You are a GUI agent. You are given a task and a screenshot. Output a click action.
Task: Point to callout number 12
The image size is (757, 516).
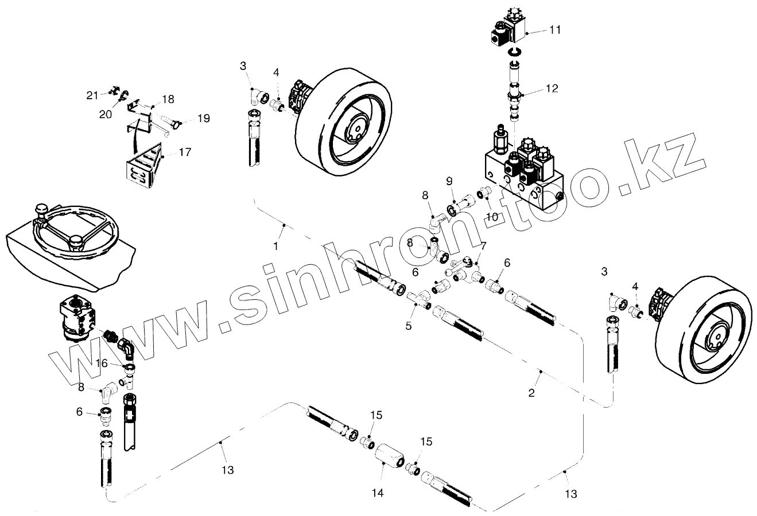[551, 88]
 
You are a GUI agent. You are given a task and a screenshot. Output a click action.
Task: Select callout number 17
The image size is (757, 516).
[185, 153]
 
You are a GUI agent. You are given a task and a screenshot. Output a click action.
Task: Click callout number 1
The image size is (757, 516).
[276, 246]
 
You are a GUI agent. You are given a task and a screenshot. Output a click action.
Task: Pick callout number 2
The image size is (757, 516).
[531, 393]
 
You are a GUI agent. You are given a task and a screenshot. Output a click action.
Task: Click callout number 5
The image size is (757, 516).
[408, 325]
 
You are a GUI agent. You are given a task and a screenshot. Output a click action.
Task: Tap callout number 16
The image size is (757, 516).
[101, 363]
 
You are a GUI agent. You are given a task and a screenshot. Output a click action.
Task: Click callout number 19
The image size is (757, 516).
[204, 119]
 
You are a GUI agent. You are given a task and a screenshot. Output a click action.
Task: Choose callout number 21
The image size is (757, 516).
[92, 95]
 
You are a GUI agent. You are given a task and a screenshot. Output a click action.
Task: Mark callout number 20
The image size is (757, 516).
[105, 114]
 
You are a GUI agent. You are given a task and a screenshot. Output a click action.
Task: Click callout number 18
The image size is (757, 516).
[168, 99]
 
